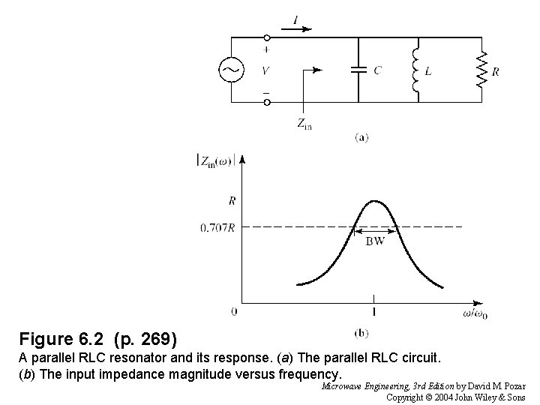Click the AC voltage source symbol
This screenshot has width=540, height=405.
click(229, 70)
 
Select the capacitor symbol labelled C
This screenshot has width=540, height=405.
click(359, 70)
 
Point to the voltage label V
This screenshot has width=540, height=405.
click(266, 70)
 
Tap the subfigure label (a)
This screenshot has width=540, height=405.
click(361, 136)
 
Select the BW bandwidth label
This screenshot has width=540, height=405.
click(375, 241)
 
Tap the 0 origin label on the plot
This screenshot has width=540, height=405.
click(234, 310)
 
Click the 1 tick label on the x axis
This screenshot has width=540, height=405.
click(373, 310)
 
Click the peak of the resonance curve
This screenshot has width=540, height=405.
click(374, 200)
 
